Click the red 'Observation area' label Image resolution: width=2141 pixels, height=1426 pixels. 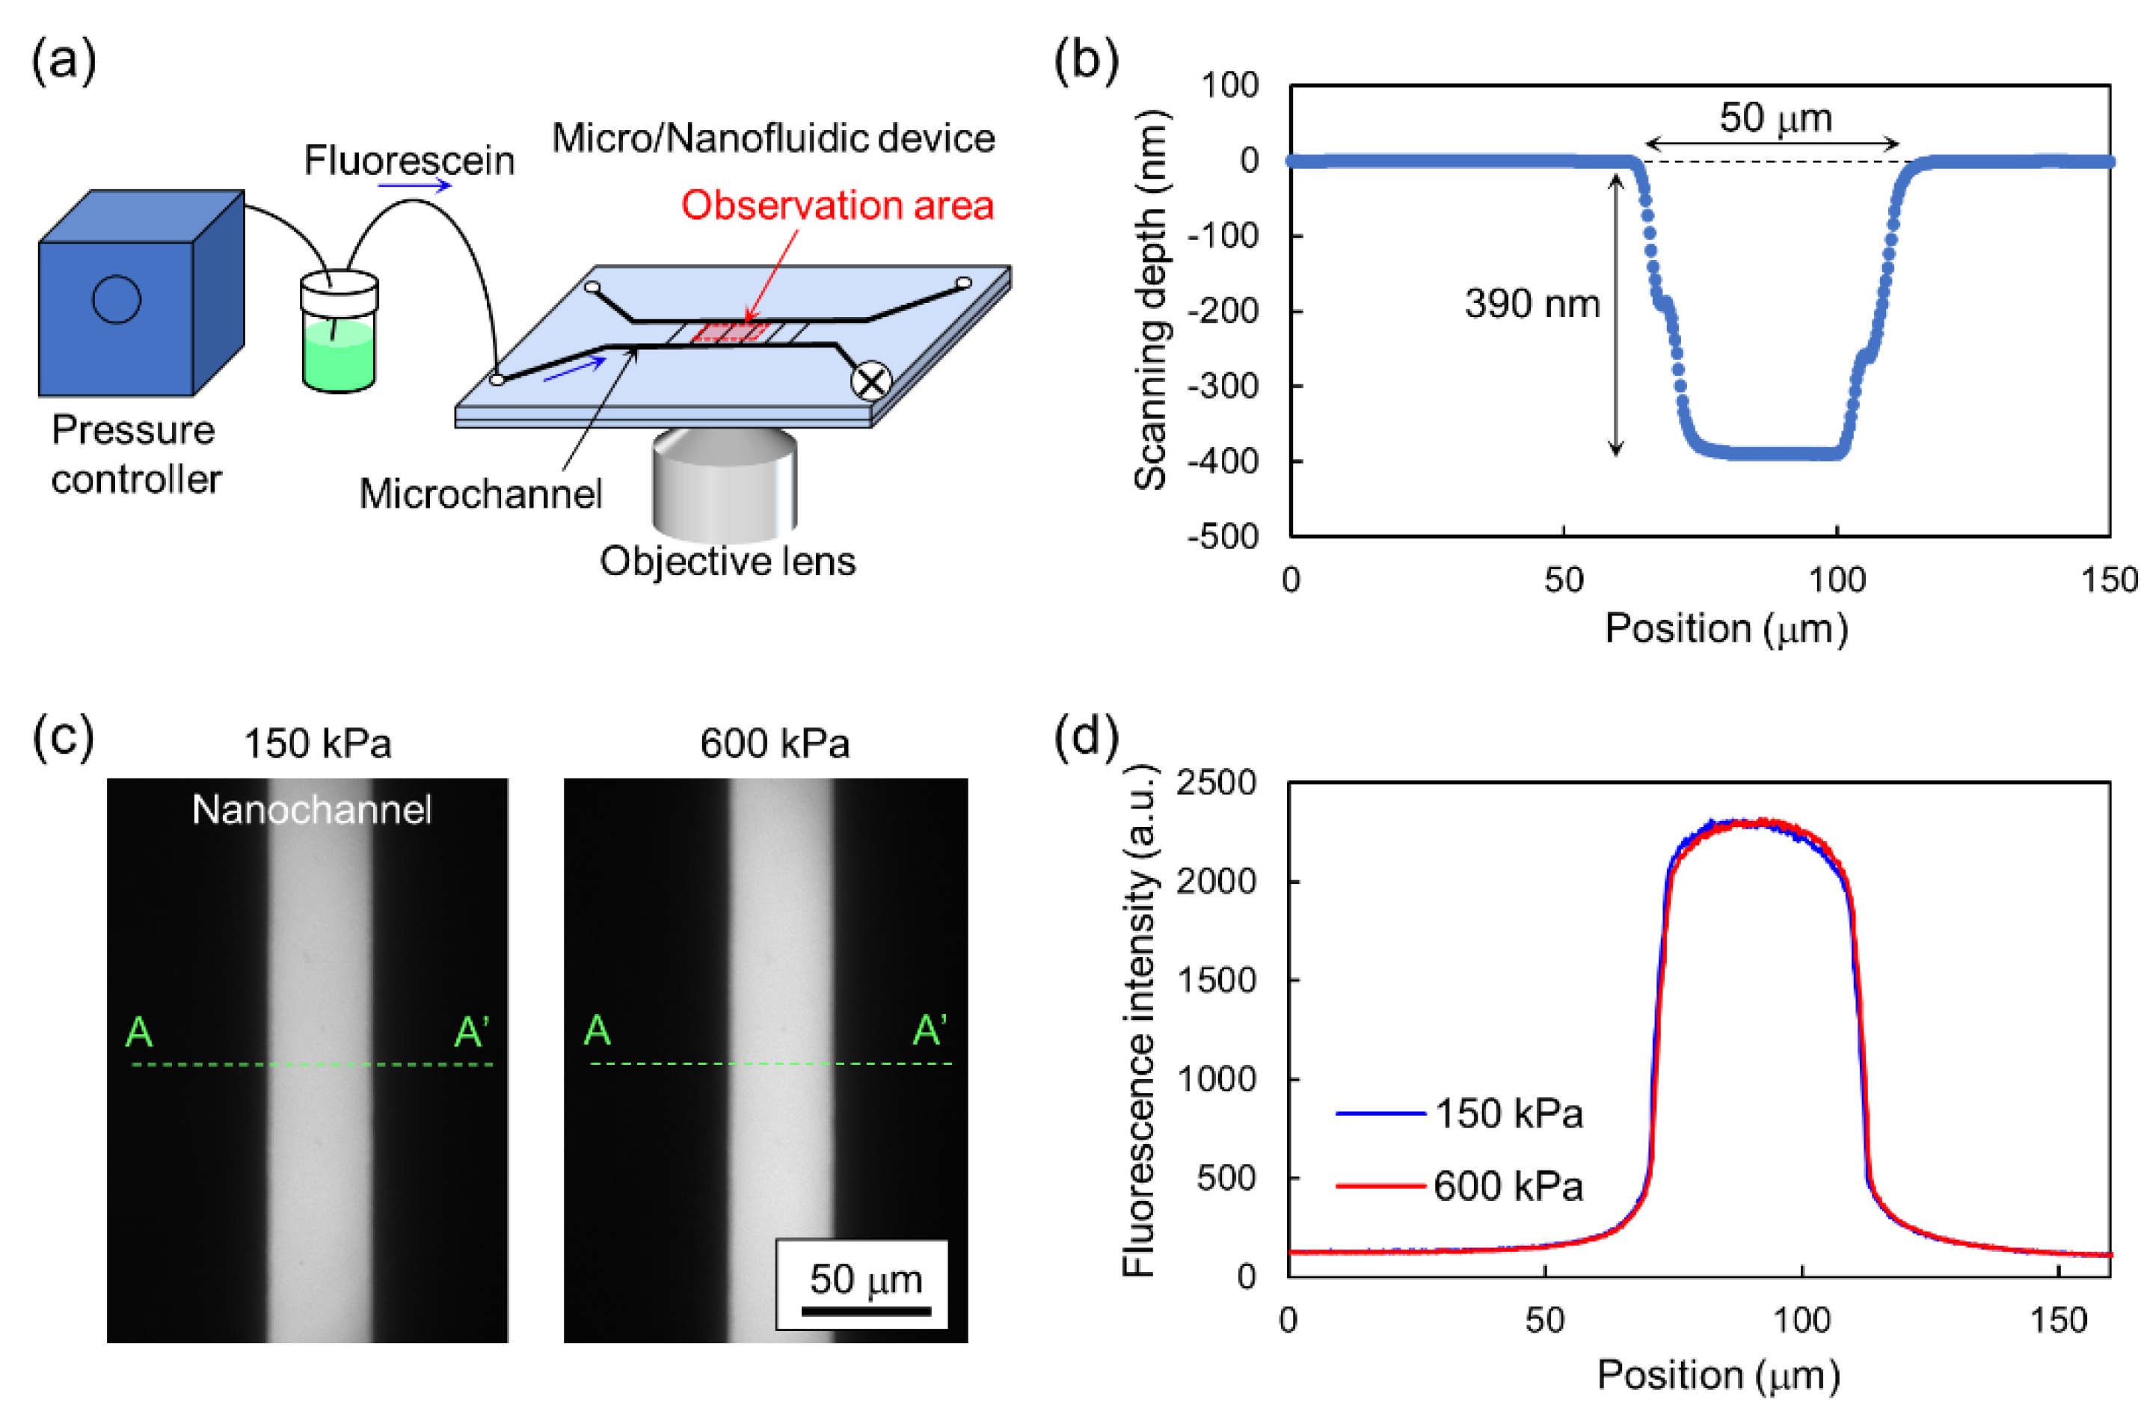(x=837, y=206)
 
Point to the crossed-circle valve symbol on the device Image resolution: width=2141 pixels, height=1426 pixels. (x=870, y=381)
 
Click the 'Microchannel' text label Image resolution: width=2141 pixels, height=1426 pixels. (x=480, y=494)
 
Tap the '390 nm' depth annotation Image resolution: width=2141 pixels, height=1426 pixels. (x=1532, y=304)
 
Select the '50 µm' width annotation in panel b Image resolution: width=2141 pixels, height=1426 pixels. (x=1775, y=118)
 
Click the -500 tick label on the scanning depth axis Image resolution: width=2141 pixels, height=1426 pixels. (x=1223, y=537)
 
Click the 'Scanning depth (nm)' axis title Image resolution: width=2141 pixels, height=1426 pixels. (x=1151, y=300)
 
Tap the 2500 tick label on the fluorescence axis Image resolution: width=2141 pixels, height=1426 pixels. (x=1215, y=783)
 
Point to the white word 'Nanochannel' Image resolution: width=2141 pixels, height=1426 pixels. (x=311, y=809)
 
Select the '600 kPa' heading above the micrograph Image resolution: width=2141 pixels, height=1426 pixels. (x=774, y=744)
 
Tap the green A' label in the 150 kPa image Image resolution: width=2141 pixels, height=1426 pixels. (x=472, y=1032)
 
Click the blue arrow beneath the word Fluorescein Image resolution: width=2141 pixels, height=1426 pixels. (x=414, y=186)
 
